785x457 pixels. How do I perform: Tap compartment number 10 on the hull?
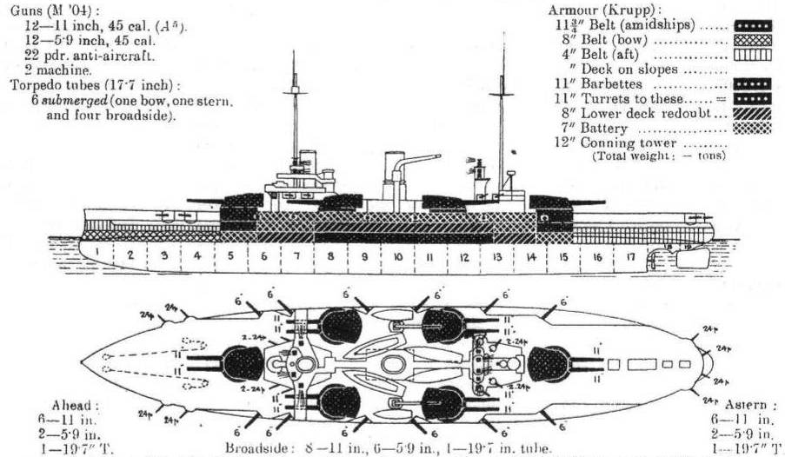tap(396, 258)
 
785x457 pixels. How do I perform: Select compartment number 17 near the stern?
tap(629, 257)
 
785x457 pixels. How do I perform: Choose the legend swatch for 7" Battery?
tap(752, 128)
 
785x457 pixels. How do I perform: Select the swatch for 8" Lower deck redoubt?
tap(752, 113)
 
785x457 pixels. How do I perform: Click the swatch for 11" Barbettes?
tap(752, 83)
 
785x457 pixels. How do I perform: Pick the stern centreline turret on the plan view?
tap(549, 363)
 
